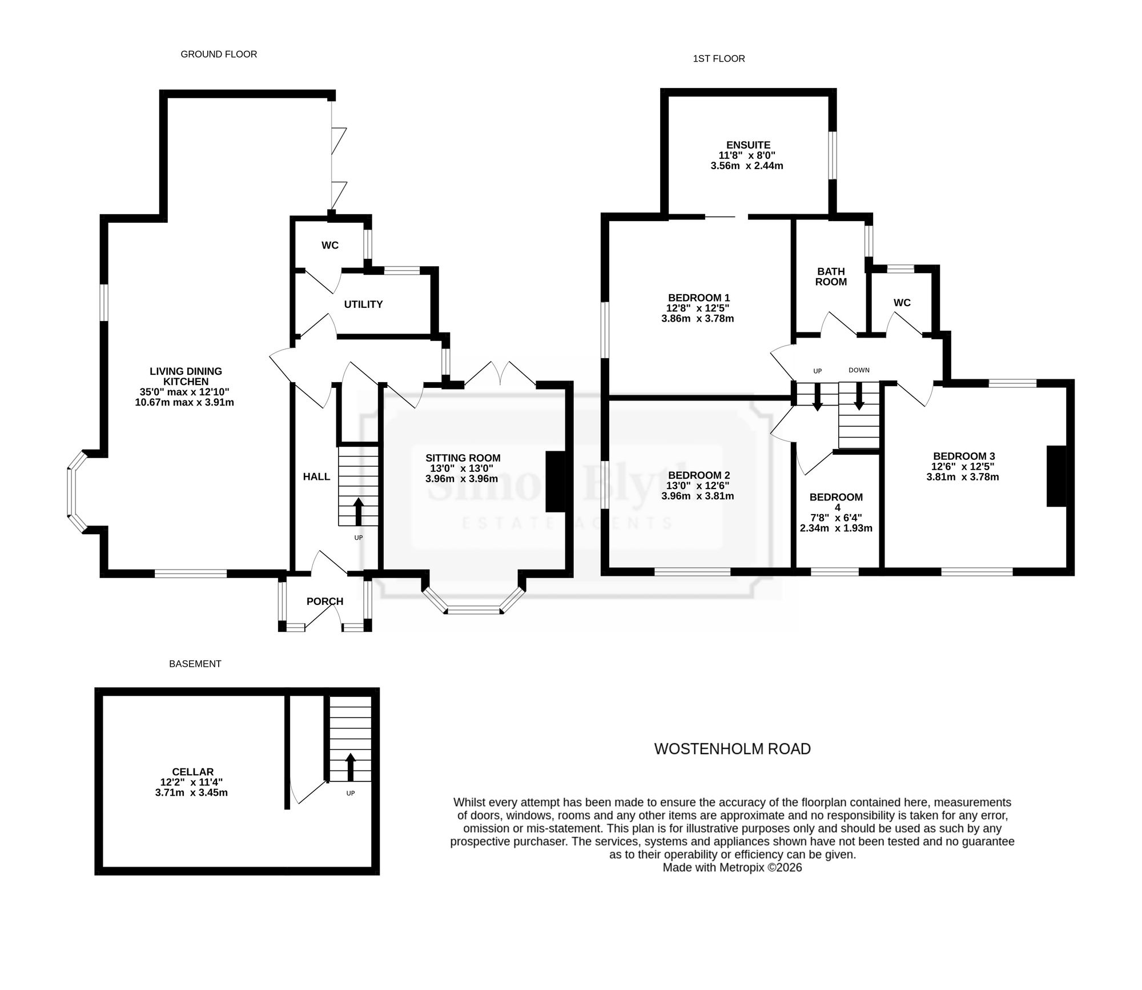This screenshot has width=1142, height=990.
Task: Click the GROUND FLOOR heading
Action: click(219, 54)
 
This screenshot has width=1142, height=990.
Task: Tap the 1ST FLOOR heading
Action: click(719, 58)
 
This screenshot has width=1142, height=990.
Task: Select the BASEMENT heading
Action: click(195, 664)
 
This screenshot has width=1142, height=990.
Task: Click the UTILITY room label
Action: click(363, 304)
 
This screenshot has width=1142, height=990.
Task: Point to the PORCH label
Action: click(325, 602)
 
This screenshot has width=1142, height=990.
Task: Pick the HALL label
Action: click(316, 476)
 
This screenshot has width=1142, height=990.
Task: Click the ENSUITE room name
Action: click(748, 145)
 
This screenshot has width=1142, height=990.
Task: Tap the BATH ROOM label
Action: click(831, 276)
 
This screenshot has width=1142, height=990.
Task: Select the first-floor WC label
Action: click(902, 303)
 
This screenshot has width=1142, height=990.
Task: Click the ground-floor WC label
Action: click(330, 246)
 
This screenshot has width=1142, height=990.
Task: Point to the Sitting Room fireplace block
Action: click(555, 482)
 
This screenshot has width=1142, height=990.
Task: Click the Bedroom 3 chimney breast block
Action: click(1056, 476)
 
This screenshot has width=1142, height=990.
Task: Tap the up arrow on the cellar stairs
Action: click(351, 767)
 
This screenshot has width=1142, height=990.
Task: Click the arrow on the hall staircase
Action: click(359, 512)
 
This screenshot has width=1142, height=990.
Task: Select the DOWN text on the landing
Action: click(859, 370)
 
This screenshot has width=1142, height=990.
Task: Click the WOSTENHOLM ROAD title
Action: click(733, 749)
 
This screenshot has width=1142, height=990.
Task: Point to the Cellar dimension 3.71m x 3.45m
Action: click(191, 793)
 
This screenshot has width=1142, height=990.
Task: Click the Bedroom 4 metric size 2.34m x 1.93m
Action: click(836, 528)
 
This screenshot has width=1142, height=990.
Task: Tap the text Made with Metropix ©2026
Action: click(733, 868)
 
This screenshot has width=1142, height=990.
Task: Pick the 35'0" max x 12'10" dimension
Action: click(184, 392)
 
